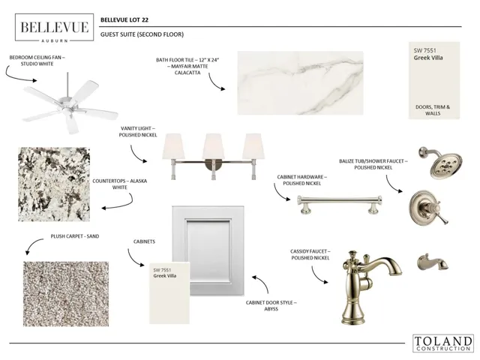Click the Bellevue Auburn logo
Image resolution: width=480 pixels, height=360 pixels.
tap(54, 27)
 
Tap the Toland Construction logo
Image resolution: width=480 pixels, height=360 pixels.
tap(443, 343)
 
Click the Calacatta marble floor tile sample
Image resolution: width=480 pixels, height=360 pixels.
tap(301, 83)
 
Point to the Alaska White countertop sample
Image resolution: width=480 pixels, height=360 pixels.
tap(54, 184)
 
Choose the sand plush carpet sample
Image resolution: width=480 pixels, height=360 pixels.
tap(66, 294)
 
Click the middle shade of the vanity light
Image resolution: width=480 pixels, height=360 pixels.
tap(213, 146)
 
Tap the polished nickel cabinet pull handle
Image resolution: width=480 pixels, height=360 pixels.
tap(339, 203)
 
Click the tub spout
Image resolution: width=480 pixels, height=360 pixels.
tap(432, 263)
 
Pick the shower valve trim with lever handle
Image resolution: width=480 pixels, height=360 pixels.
tap(428, 208)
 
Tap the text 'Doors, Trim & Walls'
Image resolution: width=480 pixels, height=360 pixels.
tap(433, 110)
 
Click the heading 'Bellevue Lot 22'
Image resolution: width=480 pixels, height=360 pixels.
tap(124, 20)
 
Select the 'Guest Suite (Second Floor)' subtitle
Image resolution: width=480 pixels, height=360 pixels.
tap(142, 34)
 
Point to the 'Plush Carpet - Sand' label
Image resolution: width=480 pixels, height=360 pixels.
tap(75, 236)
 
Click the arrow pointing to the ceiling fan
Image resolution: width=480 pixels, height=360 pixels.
tap(16, 76)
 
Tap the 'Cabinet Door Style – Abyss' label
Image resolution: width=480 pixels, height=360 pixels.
tap(271, 306)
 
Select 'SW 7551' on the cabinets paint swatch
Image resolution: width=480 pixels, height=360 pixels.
tap(162, 270)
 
